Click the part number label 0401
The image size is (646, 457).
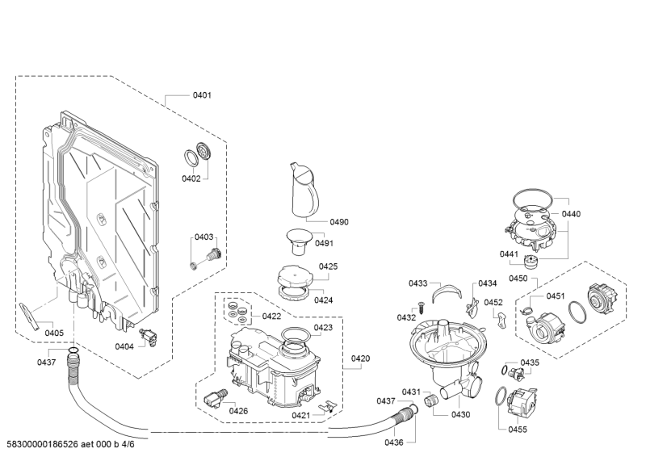click(x=201, y=95)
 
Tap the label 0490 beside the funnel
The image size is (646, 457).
click(x=317, y=221)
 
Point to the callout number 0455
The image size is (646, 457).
click(x=518, y=429)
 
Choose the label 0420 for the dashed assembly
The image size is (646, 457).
click(x=360, y=358)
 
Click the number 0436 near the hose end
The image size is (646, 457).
click(x=393, y=442)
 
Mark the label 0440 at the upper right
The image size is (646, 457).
click(x=571, y=214)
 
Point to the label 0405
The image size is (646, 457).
click(x=54, y=333)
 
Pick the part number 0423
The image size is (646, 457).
click(x=323, y=328)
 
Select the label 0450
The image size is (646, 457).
click(x=518, y=278)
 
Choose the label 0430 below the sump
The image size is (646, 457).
click(x=460, y=414)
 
